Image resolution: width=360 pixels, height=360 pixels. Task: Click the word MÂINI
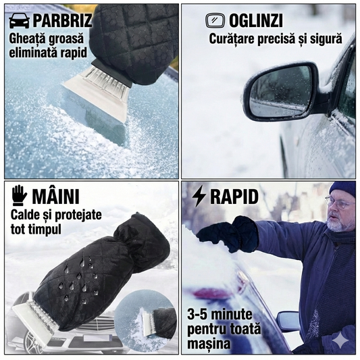[56, 197]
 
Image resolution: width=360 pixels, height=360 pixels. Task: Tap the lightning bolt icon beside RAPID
[199, 197]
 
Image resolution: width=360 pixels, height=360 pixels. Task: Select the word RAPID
[234, 197]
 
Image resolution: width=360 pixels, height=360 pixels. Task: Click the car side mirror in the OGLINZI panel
[280, 91]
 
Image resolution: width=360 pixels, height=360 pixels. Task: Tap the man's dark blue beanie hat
[343, 188]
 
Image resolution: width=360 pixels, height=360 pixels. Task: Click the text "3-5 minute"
[220, 315]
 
